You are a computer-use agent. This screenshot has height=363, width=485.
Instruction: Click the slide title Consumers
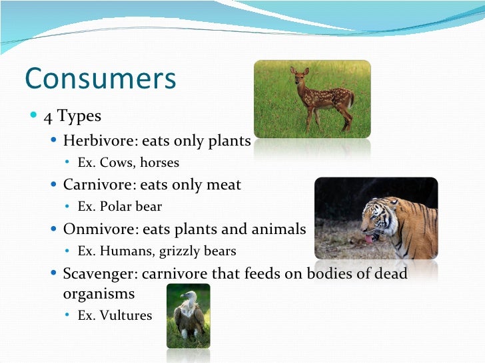tap(100, 78)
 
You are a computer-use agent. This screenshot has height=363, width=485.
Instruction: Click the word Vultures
tap(126, 316)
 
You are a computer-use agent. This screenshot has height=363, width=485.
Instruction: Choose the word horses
tap(159, 162)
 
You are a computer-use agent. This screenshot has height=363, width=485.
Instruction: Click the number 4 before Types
tap(48, 116)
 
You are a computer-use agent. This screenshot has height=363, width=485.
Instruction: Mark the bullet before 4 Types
tap(34, 116)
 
